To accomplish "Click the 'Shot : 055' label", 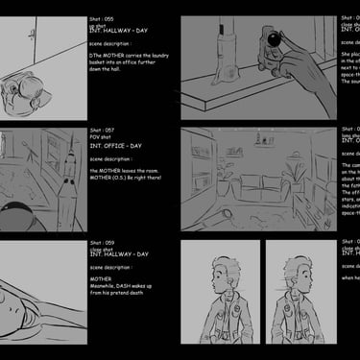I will pyautogui.click(x=104, y=18).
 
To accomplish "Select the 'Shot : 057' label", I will pyautogui.click(x=104, y=130).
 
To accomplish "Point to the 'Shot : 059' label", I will pyautogui.click(x=104, y=243).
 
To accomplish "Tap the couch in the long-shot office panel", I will pyautogui.click(x=254, y=184).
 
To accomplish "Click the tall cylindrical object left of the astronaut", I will pyautogui.click(x=227, y=38).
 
